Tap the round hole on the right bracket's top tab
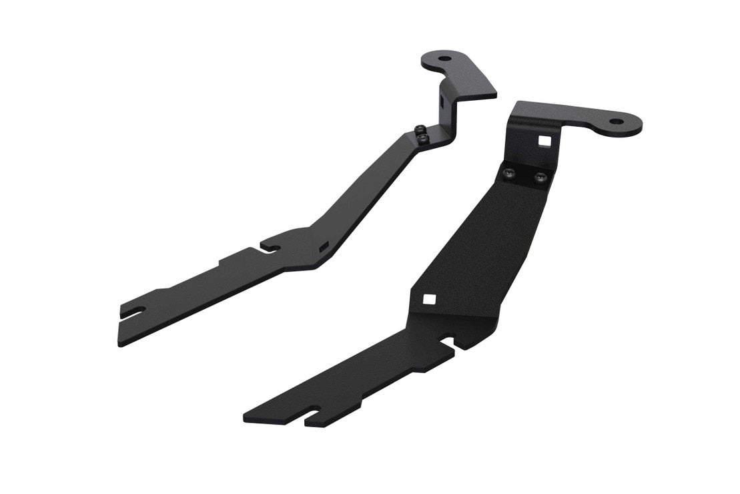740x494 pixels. coord(615,122)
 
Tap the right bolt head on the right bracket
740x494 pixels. coord(540,178)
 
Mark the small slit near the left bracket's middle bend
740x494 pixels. coord(324,247)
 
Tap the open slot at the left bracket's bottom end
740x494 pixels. coord(133,311)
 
